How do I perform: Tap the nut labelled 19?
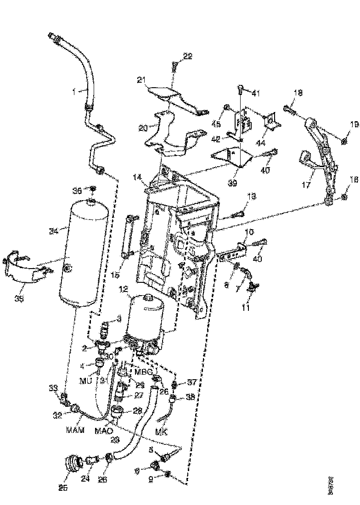pyautogui.click(x=344, y=138)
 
